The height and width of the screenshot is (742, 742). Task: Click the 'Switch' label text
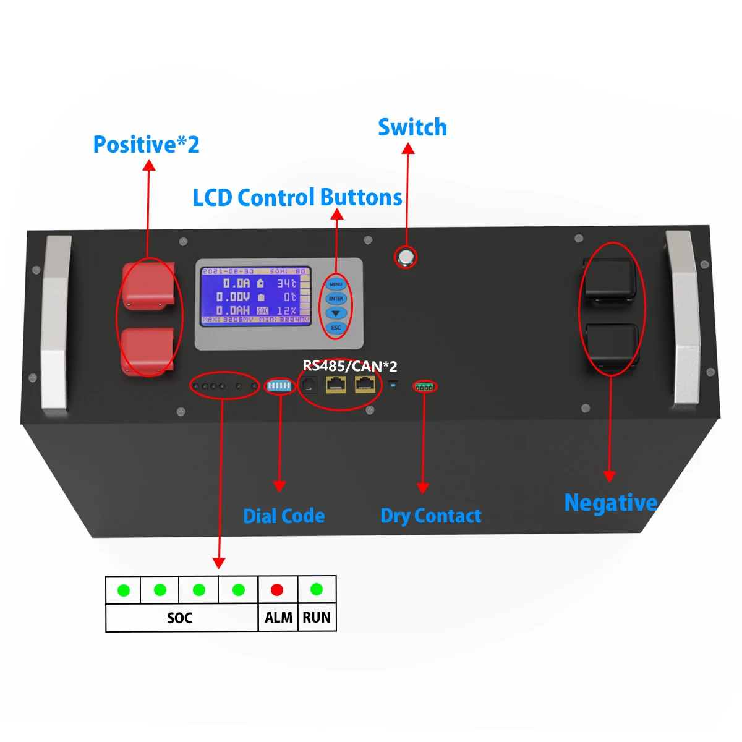tap(412, 127)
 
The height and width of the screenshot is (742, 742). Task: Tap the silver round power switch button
tap(406, 257)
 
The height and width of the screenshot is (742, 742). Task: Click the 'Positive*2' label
tap(146, 145)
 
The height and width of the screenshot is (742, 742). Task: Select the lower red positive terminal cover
tap(148, 351)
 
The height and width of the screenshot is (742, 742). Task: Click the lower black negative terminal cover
tap(612, 346)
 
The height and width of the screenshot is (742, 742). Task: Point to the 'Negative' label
tap(610, 503)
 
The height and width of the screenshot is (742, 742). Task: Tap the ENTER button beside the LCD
tap(336, 299)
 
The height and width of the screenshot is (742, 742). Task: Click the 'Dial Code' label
tap(284, 516)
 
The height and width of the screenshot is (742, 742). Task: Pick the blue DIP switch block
tap(279, 386)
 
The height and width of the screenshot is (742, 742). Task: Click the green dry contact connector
tap(424, 387)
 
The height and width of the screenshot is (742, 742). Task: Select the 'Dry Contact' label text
tap(430, 516)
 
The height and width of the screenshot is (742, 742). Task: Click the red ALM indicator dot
tap(277, 590)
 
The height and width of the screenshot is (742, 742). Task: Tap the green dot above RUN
tap(317, 589)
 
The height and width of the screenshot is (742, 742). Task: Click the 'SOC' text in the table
tap(179, 618)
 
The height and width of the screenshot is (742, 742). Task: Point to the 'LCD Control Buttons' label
tap(297, 198)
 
